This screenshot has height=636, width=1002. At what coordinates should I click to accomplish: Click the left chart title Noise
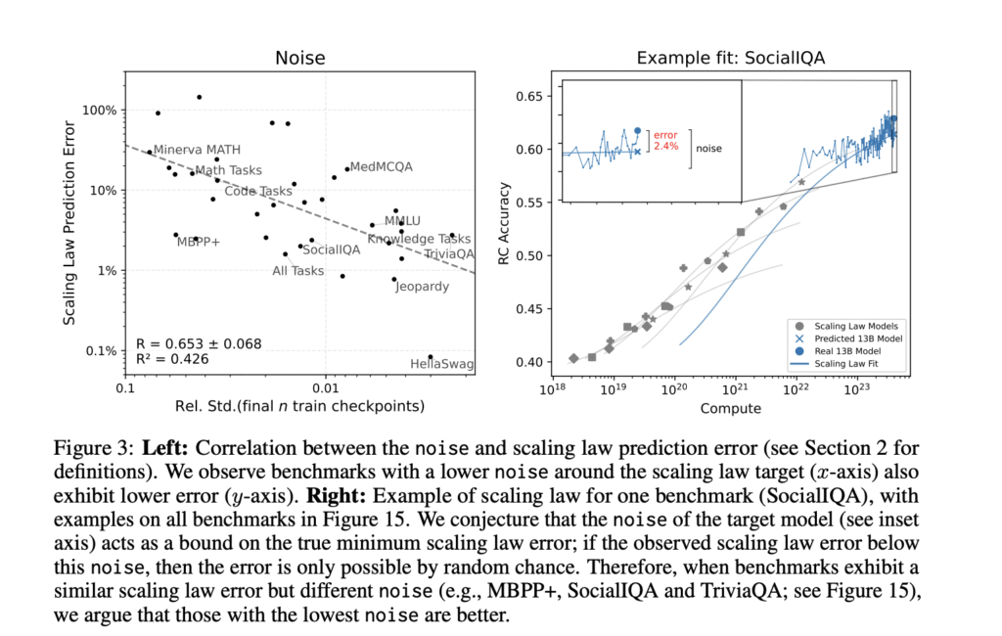(x=299, y=60)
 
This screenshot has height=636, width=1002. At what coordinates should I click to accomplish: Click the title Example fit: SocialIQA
(x=731, y=59)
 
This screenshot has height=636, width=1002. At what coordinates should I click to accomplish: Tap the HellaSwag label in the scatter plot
(x=441, y=365)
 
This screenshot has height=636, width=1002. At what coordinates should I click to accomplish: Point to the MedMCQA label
(x=381, y=167)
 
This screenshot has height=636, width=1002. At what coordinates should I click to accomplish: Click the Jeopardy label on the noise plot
(x=422, y=287)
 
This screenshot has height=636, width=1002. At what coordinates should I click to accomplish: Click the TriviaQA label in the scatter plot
(x=449, y=253)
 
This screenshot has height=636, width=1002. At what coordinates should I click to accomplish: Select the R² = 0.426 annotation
(x=173, y=360)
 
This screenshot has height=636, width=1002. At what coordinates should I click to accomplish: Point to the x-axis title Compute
(x=732, y=409)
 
